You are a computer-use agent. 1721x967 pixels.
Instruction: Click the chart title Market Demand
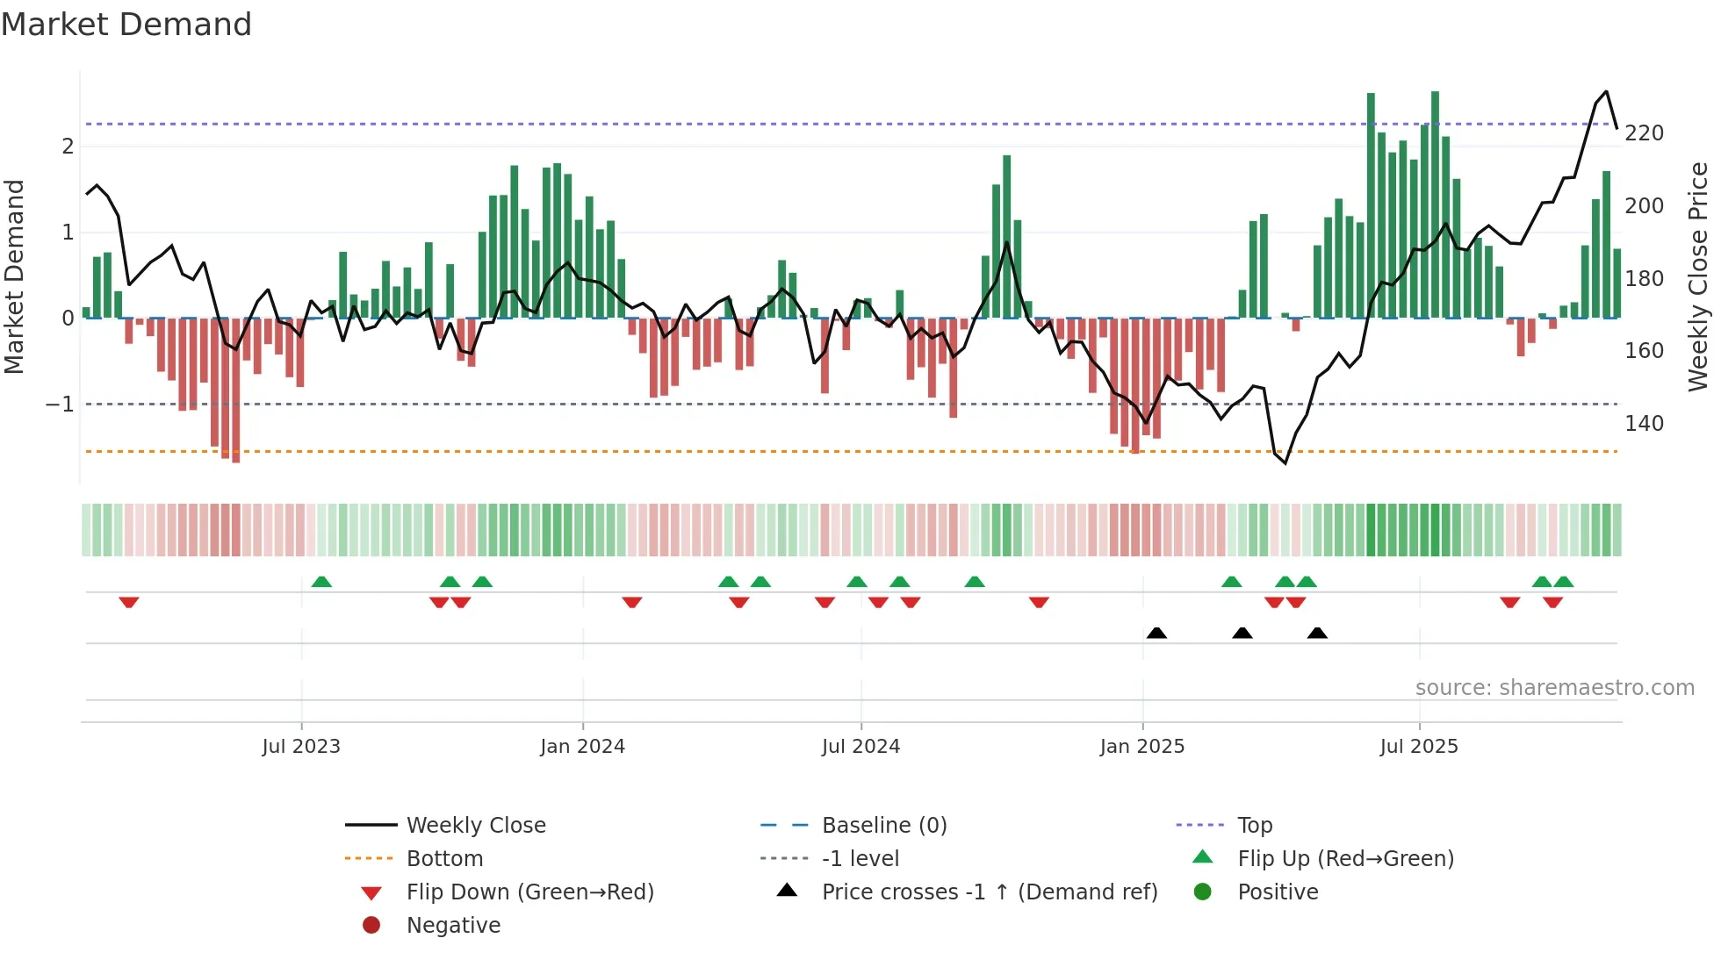126,25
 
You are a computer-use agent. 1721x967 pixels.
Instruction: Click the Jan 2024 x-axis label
582,747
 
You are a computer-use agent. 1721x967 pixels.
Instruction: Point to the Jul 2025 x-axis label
1418,747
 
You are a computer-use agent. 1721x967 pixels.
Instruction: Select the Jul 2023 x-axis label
300,747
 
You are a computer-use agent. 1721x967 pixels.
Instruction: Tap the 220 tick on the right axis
1644,133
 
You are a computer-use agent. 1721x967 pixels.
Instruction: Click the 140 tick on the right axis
1644,424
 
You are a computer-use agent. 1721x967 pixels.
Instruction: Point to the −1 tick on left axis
60,405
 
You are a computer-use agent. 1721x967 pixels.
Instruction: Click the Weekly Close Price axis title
1698,276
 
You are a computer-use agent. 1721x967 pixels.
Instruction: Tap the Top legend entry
1254,826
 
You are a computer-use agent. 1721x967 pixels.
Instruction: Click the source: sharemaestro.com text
1554,688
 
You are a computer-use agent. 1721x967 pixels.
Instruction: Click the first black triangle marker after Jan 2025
1156,633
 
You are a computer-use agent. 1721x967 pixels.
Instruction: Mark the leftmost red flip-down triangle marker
129,602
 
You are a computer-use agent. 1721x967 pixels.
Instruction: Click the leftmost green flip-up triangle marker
321,582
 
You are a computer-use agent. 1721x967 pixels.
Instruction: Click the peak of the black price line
1606,91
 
